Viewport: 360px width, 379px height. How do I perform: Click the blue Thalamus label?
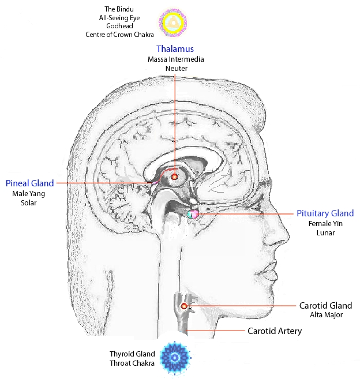(175, 50)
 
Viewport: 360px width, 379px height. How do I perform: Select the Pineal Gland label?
(30, 183)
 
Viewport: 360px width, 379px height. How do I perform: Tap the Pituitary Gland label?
(325, 213)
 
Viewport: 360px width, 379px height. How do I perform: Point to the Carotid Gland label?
(325, 305)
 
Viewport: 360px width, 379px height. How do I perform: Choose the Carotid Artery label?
(275, 331)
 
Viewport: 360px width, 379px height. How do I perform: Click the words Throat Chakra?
(132, 363)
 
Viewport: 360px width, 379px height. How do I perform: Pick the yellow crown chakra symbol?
(172, 23)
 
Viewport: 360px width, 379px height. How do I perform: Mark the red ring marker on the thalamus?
(174, 177)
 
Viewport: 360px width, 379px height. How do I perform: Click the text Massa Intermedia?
(176, 59)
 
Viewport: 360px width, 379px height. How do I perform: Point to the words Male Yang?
(28, 194)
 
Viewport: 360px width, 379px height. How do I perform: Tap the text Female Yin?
(325, 224)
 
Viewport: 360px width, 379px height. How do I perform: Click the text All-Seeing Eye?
(122, 18)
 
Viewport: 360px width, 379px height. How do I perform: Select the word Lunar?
(325, 233)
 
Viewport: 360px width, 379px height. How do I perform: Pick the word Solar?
(28, 203)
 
